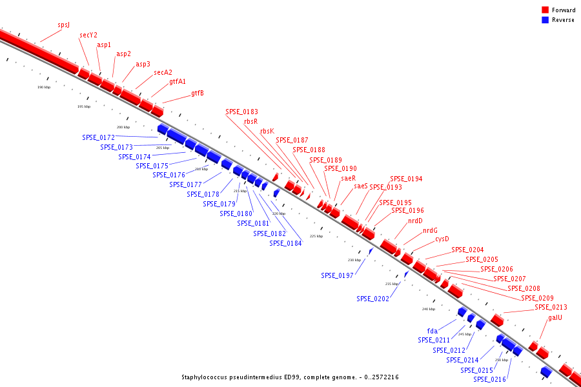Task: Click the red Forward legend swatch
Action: pyautogui.click(x=545, y=10)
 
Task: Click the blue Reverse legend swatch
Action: pyautogui.click(x=545, y=20)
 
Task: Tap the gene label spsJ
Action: pyautogui.click(x=63, y=25)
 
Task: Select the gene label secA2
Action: pyautogui.click(x=163, y=73)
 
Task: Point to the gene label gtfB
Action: pyautogui.click(x=198, y=93)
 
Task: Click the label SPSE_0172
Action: pyautogui.click(x=98, y=137)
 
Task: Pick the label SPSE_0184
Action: pyautogui.click(x=285, y=243)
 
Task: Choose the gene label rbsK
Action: pyautogui.click(x=267, y=131)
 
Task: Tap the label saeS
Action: pyautogui.click(x=361, y=186)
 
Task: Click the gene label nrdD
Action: pyautogui.click(x=415, y=221)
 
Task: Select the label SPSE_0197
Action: pyautogui.click(x=337, y=275)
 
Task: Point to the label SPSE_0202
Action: pyautogui.click(x=372, y=299)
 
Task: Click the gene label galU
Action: pyautogui.click(x=555, y=317)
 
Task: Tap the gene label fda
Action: pyautogui.click(x=433, y=331)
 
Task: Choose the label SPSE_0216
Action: pyautogui.click(x=489, y=379)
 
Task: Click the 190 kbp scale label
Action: pyautogui.click(x=44, y=87)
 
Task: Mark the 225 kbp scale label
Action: pyautogui.click(x=316, y=236)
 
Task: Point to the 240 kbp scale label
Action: pyautogui.click(x=429, y=309)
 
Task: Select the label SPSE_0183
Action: pyautogui.click(x=241, y=112)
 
